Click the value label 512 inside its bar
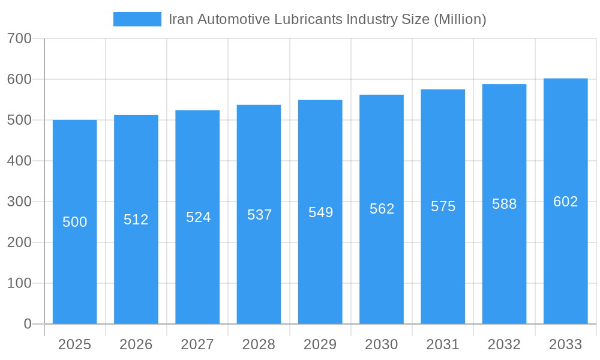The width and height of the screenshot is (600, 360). pos(136,220)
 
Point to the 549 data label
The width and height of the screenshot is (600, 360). pos(320,212)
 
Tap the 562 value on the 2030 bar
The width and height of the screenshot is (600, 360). pos(382,209)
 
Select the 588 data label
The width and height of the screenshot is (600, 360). pos(504,204)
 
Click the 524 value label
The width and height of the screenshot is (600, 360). pos(198,217)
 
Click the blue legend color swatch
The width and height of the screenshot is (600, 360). pos(137,19)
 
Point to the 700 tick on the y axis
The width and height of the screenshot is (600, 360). pos(19,38)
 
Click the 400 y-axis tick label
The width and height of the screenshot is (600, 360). pos(19,161)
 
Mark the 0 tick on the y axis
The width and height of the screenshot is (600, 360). pos(28,324)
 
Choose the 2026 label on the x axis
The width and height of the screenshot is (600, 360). pos(136,344)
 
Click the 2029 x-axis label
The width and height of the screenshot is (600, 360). pos(320,344)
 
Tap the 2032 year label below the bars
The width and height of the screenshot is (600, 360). pos(504,344)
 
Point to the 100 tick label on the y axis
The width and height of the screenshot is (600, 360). pos(19,283)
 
